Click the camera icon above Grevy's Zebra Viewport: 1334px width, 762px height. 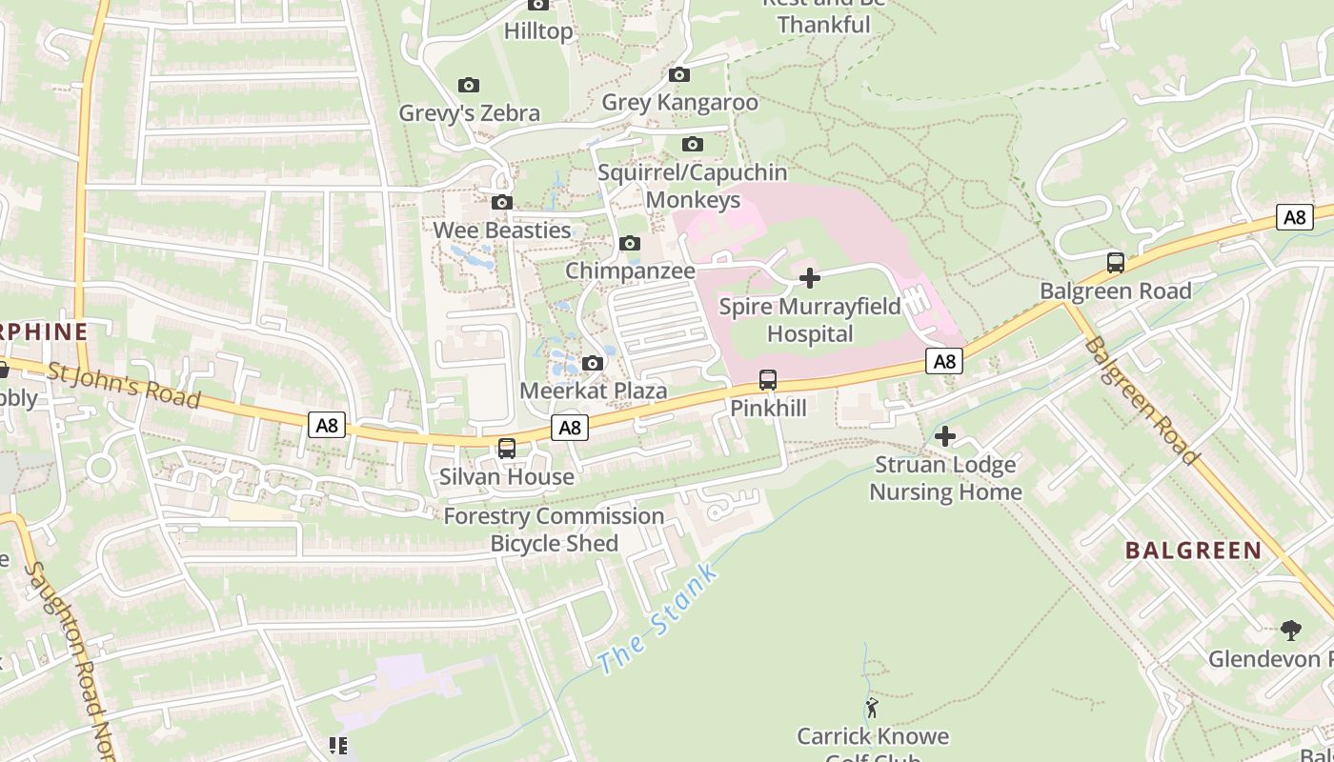point(469,86)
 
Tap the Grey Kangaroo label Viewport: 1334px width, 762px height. point(679,102)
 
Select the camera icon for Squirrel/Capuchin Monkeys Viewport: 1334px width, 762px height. point(693,145)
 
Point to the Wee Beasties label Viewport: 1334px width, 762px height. point(502,231)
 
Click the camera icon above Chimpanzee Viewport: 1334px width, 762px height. point(630,244)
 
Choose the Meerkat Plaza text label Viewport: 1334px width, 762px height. point(593,391)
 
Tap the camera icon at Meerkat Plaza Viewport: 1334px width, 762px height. point(593,363)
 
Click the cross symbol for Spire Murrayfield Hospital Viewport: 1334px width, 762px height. point(810,278)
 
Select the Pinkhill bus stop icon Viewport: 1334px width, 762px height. point(768,380)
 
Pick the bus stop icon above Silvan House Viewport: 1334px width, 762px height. point(507,449)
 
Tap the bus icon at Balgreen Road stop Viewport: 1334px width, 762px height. point(1116,263)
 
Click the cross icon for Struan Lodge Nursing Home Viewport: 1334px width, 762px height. point(945,436)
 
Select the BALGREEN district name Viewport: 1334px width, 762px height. point(1193,551)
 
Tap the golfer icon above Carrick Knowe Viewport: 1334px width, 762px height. point(872,708)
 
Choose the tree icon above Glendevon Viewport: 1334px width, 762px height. point(1291,630)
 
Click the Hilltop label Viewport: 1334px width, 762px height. point(538,31)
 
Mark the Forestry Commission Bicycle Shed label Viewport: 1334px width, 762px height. point(555,530)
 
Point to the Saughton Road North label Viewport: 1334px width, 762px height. point(71,657)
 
